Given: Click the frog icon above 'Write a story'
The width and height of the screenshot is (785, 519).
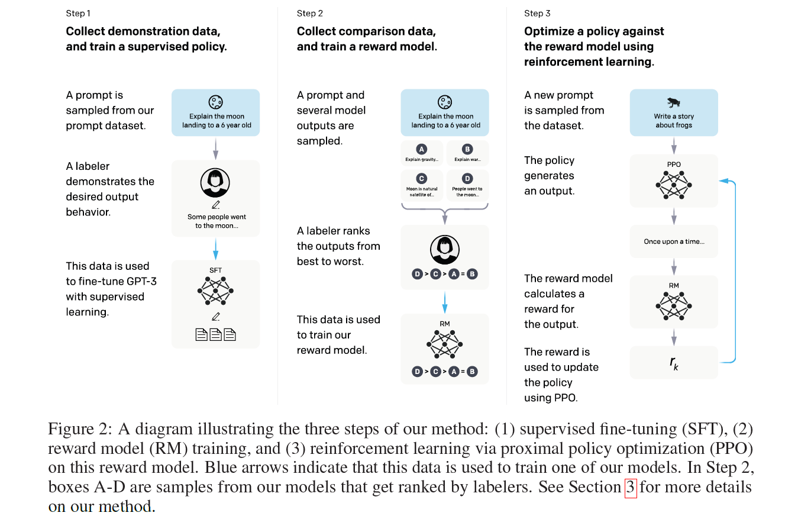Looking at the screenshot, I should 674,102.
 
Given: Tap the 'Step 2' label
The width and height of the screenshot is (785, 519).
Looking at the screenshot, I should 310,14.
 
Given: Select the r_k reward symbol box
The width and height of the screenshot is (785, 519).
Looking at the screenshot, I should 674,363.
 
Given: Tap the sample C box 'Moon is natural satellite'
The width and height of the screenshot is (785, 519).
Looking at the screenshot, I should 421,184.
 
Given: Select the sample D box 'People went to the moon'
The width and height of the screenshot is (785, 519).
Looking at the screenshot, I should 467,184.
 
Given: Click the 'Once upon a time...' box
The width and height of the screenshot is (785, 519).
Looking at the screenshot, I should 674,241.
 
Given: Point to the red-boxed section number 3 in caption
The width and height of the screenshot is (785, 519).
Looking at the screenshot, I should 631,488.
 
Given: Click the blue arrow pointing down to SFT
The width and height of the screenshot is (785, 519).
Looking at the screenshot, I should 215,249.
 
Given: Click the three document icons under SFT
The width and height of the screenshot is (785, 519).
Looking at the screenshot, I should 215,335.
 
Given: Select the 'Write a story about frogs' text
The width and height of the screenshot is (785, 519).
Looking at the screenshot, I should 674,121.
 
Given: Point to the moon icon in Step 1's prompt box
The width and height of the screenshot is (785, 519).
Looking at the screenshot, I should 215,102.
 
